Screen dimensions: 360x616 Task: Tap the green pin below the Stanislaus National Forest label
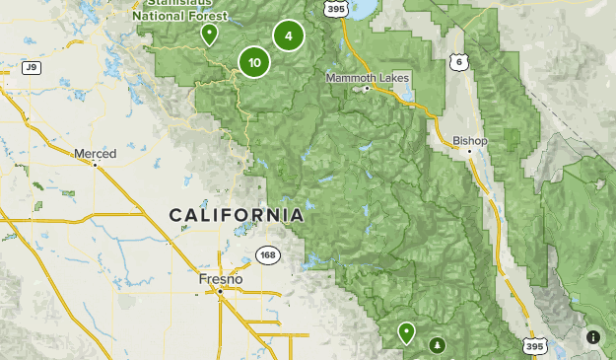(208, 35)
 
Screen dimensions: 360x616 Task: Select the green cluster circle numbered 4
(288, 36)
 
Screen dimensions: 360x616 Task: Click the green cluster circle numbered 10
(254, 62)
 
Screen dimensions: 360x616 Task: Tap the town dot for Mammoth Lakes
(367, 89)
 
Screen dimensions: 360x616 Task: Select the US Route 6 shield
(456, 61)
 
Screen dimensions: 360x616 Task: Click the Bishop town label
(470, 141)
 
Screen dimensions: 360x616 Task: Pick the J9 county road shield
(32, 67)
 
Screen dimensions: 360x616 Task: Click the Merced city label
(96, 153)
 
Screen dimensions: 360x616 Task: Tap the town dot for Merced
(96, 165)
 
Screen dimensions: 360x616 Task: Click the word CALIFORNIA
(236, 214)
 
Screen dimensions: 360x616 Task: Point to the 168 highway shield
(267, 254)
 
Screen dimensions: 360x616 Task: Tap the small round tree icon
(437, 344)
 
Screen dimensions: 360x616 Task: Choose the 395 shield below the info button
(533, 347)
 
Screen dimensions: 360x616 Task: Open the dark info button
(592, 337)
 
